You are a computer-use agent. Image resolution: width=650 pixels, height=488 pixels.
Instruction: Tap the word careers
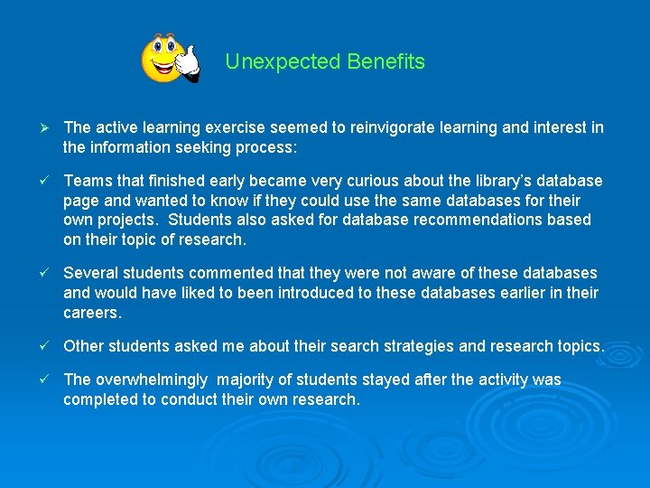point(91,312)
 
